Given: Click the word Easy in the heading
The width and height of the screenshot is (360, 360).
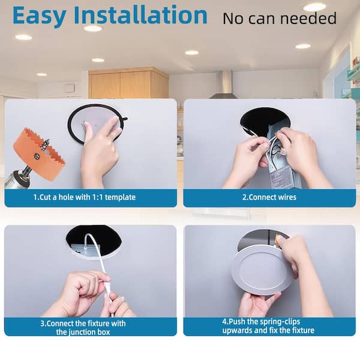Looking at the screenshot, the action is (x=39, y=16).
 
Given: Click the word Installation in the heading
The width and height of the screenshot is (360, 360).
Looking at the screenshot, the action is (x=140, y=15).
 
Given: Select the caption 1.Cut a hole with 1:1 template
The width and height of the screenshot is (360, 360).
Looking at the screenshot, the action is (x=85, y=197).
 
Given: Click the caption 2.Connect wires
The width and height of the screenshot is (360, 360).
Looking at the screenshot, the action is (x=269, y=197).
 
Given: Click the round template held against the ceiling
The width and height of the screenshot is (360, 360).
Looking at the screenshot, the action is (x=97, y=124).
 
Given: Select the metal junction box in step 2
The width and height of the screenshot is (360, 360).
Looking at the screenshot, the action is (x=284, y=161).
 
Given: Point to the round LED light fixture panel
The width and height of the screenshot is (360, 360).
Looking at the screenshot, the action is (x=261, y=272).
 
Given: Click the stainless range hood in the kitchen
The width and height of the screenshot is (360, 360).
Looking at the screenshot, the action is (x=224, y=85).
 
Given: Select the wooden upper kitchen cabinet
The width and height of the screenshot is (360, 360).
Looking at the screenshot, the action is (x=128, y=83).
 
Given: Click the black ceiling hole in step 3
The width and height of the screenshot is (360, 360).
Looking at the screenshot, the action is (x=94, y=241).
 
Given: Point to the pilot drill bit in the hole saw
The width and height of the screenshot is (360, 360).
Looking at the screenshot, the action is (x=45, y=145).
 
